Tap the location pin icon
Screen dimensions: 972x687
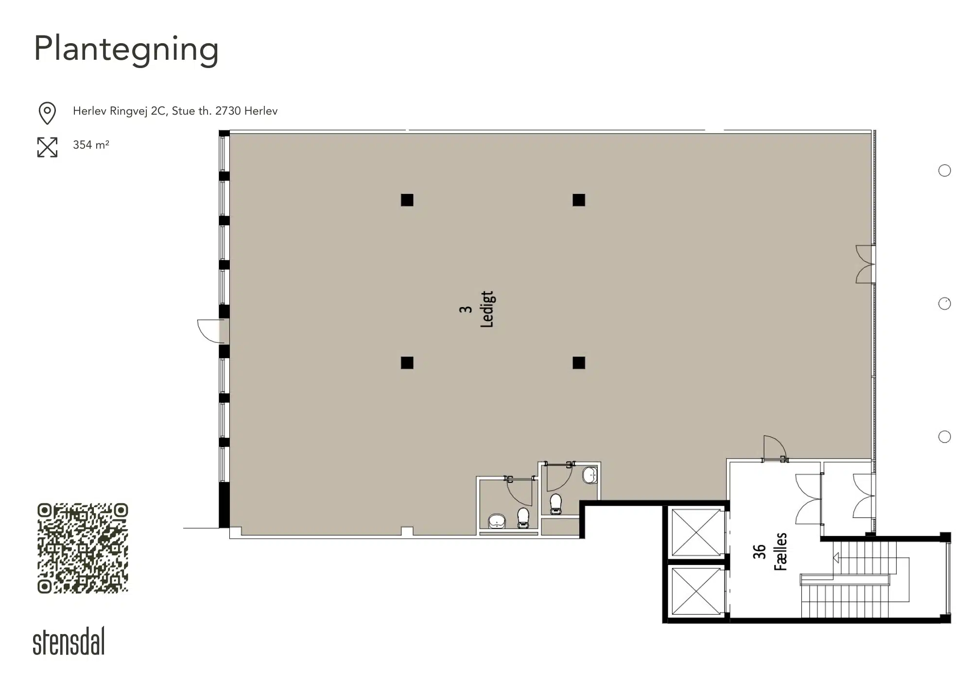coord(47,113)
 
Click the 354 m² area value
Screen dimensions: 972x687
coord(91,145)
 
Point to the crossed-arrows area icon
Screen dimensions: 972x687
coord(47,147)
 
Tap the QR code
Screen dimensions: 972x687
coord(83,548)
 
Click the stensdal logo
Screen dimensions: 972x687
coord(69,641)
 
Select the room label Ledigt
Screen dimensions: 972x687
coord(487,309)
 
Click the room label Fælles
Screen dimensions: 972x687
coord(781,551)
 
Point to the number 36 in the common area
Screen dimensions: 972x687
coord(759,551)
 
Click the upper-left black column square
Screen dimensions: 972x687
coord(407,200)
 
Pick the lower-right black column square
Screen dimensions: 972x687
coord(579,363)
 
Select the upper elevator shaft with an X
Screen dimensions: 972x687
coord(696,532)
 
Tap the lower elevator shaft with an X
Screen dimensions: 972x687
coord(696,591)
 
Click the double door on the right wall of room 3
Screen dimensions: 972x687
coord(865,264)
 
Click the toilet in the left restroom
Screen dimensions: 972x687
coord(523,518)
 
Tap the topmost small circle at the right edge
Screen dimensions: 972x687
coord(944,171)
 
